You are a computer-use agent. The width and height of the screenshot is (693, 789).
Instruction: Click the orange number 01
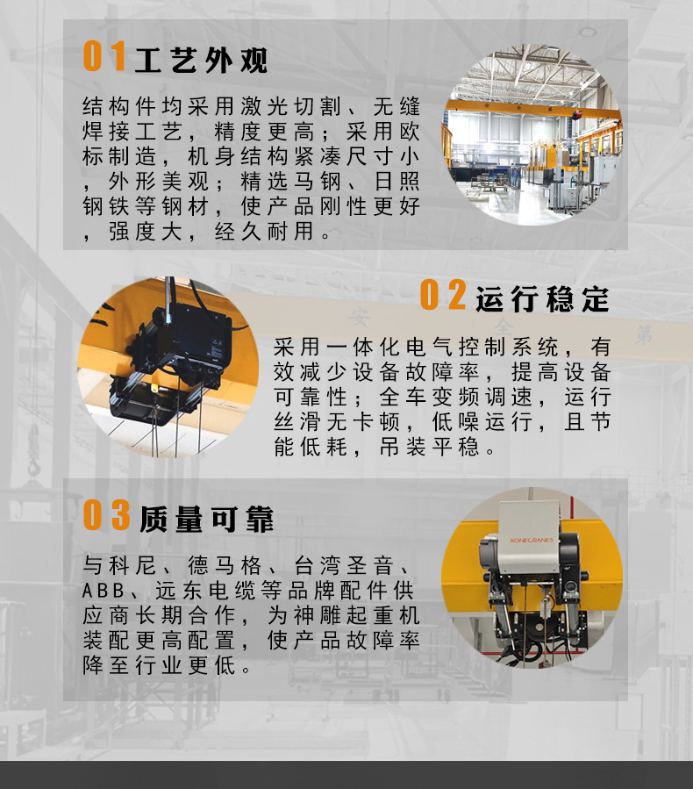[104, 57]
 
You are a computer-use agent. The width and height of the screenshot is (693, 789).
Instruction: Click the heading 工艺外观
[202, 60]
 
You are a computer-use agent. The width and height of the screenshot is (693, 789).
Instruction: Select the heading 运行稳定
[542, 299]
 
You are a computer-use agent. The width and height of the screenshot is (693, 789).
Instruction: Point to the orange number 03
[106, 516]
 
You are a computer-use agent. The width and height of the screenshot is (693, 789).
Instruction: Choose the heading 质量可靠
[207, 519]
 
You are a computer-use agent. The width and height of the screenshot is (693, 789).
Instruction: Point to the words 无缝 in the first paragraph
[397, 107]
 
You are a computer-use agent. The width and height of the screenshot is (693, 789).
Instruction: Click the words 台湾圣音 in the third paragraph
[353, 563]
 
